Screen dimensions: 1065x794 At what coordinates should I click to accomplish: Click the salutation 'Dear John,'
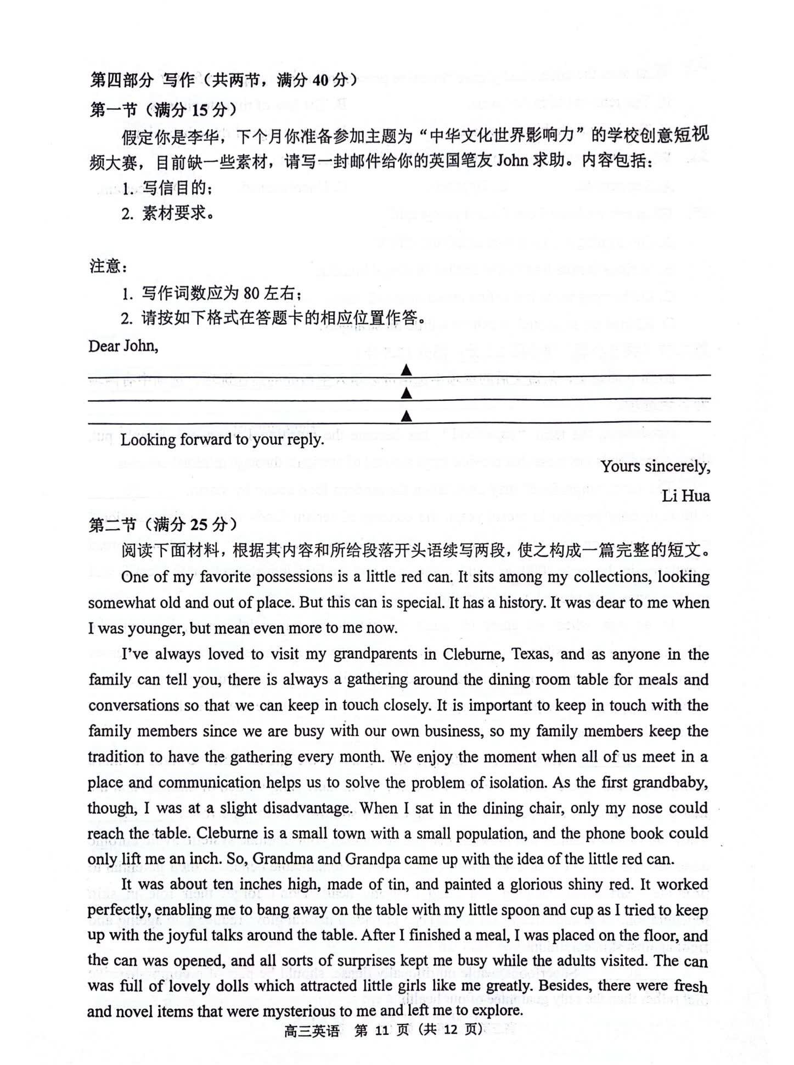[x=123, y=346]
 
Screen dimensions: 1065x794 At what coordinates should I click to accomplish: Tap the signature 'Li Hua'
[x=686, y=496]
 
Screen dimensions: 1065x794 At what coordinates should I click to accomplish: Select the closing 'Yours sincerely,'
[x=655, y=467]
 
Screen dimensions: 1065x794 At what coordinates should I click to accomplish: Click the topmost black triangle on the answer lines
[x=406, y=371]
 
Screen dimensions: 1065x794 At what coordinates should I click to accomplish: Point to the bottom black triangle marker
[x=406, y=417]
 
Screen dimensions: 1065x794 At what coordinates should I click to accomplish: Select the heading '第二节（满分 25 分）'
[x=164, y=525]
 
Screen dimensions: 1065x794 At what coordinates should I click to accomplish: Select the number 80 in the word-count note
[x=251, y=294]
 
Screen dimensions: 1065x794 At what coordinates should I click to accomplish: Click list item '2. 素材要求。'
[x=168, y=213]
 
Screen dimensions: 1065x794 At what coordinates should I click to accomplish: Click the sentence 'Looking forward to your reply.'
[x=222, y=440]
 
